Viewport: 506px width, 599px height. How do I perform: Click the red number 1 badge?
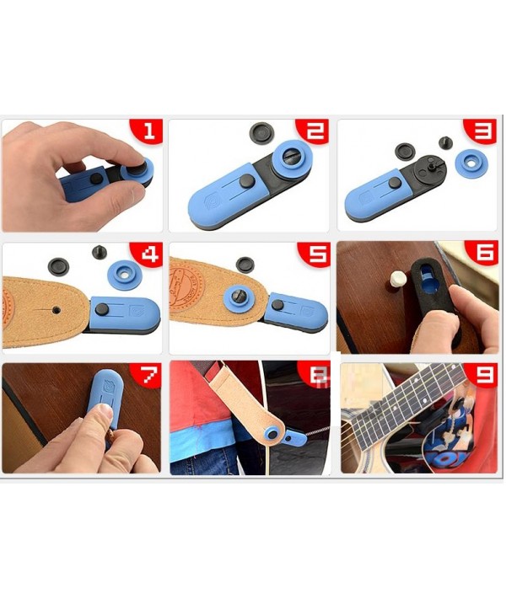point(148,131)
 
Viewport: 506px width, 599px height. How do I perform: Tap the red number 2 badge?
point(313,131)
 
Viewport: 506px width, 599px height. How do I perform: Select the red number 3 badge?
point(481,131)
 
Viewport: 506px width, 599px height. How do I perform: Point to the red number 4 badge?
point(148,254)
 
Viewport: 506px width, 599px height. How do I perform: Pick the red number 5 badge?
point(314,254)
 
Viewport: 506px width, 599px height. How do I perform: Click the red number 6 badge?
point(482,253)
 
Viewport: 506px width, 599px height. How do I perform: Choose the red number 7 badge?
point(146,376)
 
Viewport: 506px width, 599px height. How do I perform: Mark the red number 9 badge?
point(482,376)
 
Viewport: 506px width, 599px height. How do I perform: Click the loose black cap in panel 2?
point(261,132)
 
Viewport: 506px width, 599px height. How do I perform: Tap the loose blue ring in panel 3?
point(469,162)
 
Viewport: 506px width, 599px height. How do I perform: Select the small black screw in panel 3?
point(445,143)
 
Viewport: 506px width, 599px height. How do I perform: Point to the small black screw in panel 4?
point(100,252)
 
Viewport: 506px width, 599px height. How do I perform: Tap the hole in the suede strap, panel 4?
point(57,310)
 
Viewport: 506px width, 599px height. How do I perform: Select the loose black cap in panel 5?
point(245,265)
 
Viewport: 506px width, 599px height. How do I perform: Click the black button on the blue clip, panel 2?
point(247,180)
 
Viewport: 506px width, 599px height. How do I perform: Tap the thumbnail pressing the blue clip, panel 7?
point(102,411)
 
